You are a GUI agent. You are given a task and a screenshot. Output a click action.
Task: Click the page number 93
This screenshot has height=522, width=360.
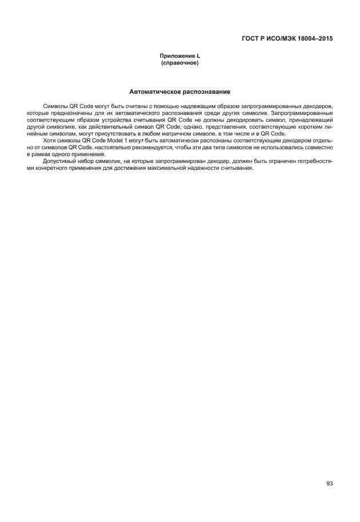pyautogui.click(x=330, y=483)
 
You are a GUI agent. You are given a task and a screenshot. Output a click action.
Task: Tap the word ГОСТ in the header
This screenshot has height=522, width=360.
pyautogui.click(x=253, y=39)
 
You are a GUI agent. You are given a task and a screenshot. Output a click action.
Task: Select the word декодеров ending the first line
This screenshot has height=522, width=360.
pyautogui.click(x=318, y=107)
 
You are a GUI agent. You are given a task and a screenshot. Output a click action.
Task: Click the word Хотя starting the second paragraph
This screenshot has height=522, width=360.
pyautogui.click(x=50, y=141)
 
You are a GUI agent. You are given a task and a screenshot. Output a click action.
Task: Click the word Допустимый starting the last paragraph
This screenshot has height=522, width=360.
pyautogui.click(x=57, y=161)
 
